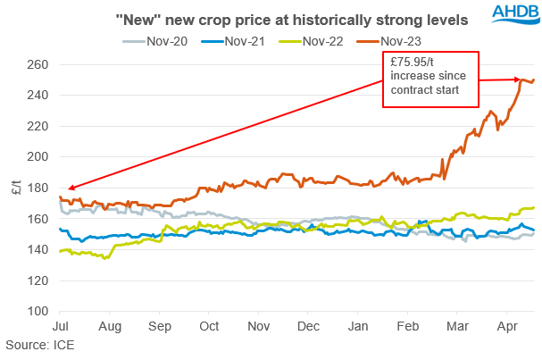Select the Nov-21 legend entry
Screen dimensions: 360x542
tap(238, 39)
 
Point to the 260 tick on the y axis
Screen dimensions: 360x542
tap(38, 64)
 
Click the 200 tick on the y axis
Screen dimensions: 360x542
tap(38, 157)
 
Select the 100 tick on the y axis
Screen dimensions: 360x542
tap(38, 312)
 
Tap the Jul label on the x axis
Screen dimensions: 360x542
tap(62, 327)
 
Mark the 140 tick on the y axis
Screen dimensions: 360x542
tap(38, 250)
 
